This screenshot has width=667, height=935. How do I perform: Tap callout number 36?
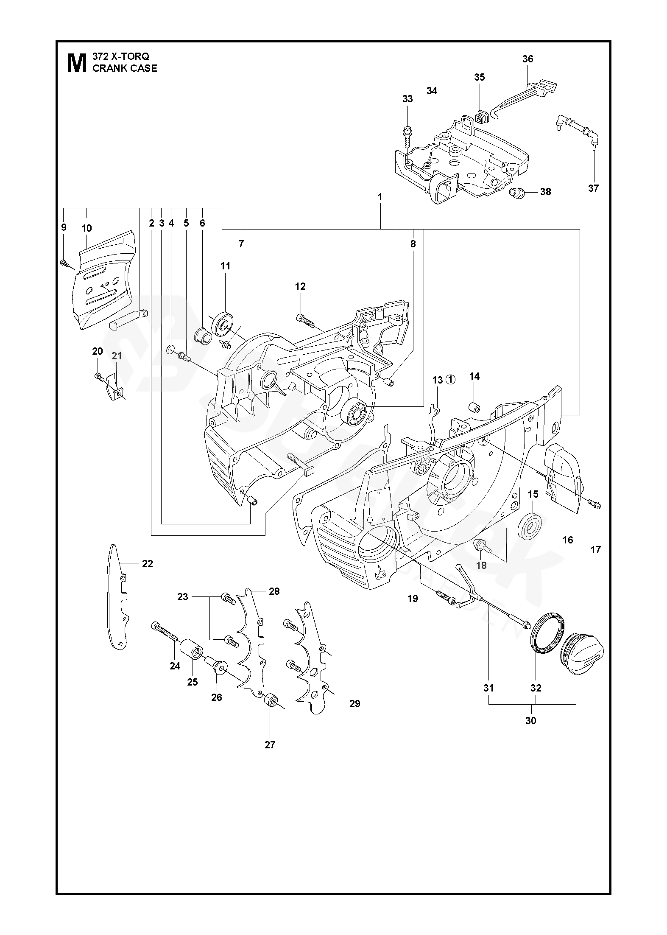click(527, 59)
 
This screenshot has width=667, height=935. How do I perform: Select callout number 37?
click(593, 188)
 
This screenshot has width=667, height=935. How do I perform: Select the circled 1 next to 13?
click(451, 380)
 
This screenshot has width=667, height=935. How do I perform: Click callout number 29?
click(354, 704)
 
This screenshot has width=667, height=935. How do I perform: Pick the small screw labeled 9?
click(65, 263)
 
